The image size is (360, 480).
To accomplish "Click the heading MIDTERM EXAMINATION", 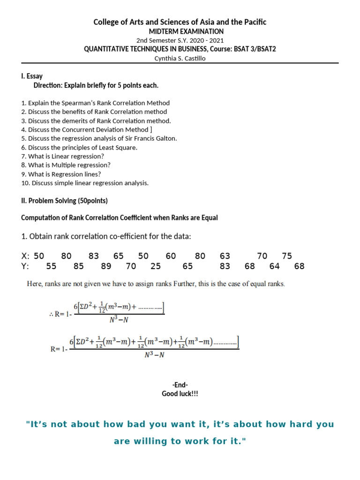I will [x=180, y=31].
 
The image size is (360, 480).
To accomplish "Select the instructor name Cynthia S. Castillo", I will [x=180, y=58].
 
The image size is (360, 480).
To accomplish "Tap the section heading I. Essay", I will [x=32, y=76].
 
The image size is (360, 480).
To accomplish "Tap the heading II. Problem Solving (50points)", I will [x=65, y=201].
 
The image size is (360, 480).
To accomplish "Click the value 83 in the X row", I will [x=94, y=256].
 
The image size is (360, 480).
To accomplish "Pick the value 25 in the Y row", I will [x=156, y=266].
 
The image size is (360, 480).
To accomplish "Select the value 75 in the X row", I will [x=287, y=256].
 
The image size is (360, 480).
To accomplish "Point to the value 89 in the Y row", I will [x=106, y=266].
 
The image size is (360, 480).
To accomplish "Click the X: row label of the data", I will [x=25, y=256].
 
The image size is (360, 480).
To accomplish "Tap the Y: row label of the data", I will [x=25, y=266].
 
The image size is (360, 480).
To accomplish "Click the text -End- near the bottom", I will [x=180, y=385].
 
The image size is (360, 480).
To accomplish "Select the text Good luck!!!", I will [x=180, y=394].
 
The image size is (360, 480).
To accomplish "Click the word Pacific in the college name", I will [x=254, y=22].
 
